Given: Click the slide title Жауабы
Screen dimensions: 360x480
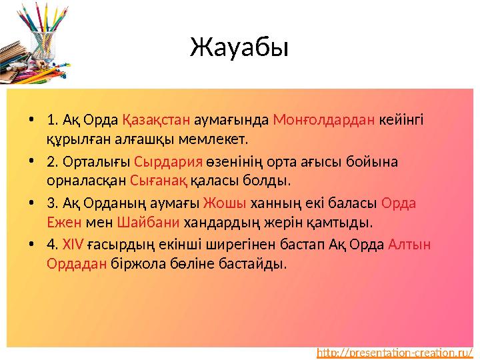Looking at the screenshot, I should coord(239,48).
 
